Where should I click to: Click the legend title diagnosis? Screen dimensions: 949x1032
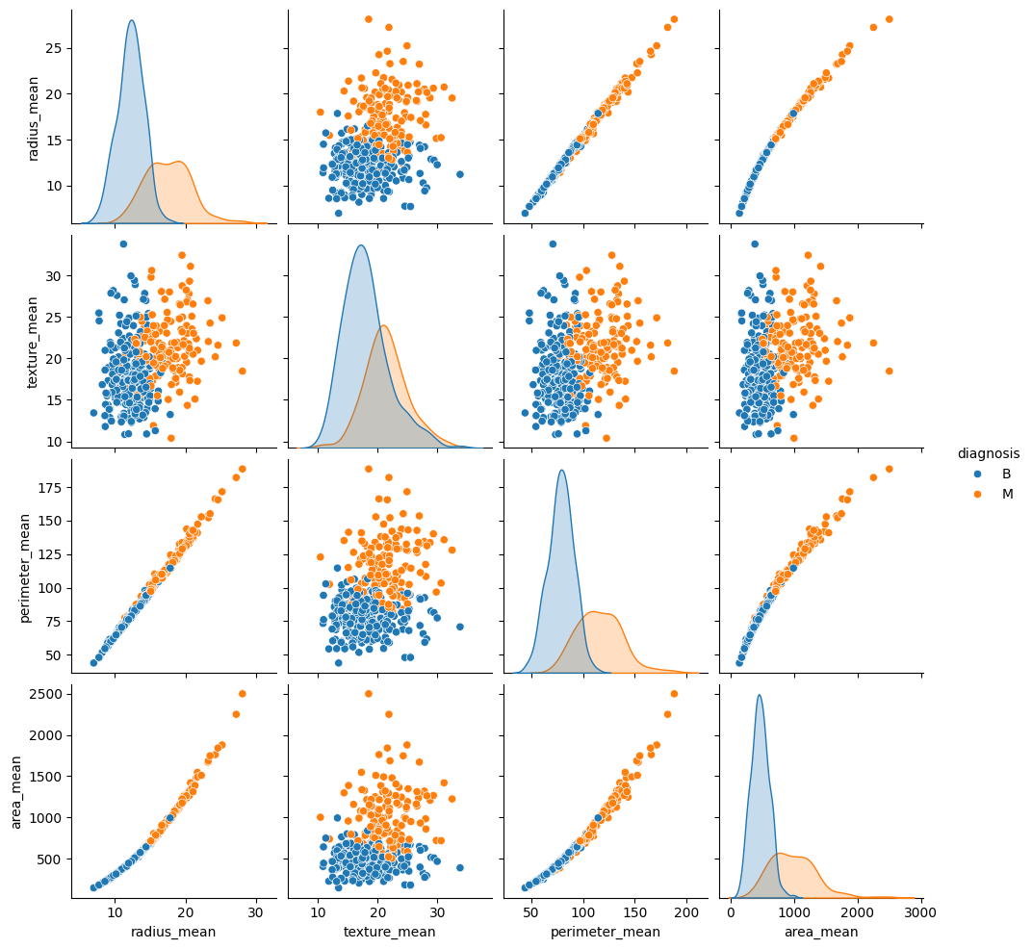[x=988, y=453]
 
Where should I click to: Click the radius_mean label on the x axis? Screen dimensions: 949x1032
[x=173, y=932]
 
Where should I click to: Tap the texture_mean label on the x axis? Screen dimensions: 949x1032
[x=389, y=932]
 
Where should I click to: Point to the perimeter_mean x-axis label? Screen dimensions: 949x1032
[x=605, y=932]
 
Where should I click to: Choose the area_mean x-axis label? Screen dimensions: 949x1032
[x=820, y=932]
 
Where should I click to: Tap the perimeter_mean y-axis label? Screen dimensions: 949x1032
[x=27, y=560]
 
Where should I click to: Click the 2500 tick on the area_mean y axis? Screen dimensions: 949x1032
[x=46, y=694]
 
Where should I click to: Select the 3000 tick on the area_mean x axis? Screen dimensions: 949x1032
[x=920, y=911]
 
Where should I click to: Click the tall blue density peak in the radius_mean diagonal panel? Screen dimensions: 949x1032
[x=132, y=21]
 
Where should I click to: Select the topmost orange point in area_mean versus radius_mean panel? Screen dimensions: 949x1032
[x=242, y=693]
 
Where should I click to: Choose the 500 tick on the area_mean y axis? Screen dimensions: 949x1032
[x=50, y=859]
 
